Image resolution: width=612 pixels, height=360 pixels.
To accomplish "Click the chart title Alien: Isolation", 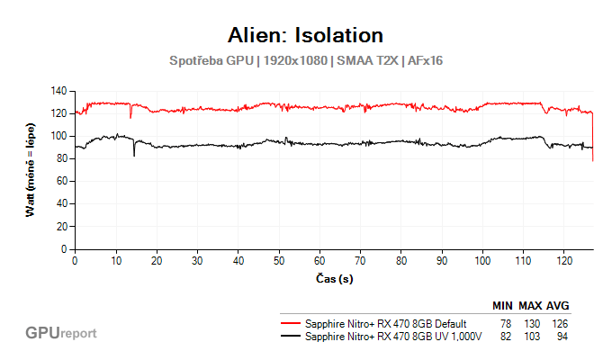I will pyautogui.click(x=306, y=35).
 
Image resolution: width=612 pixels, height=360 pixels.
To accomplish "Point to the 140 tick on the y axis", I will pyautogui.click(x=60, y=91).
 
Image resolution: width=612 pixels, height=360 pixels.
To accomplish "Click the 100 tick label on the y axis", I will pyautogui.click(x=60, y=136).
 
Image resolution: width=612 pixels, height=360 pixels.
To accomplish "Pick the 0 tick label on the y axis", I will pyautogui.click(x=66, y=248).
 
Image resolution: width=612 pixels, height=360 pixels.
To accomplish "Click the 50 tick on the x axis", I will pyautogui.click(x=279, y=260).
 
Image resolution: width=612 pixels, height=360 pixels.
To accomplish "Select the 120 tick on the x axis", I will pyautogui.click(x=564, y=260).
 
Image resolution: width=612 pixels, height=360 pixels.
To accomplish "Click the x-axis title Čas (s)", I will pyautogui.click(x=334, y=279).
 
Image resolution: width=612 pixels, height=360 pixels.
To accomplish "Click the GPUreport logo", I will pyautogui.click(x=61, y=333).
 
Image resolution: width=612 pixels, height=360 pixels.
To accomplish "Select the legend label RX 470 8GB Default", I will pyautogui.click(x=386, y=323).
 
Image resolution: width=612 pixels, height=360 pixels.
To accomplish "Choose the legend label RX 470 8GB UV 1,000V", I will pyautogui.click(x=394, y=337).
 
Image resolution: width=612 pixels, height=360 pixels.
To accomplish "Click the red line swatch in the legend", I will pyautogui.click(x=290, y=323).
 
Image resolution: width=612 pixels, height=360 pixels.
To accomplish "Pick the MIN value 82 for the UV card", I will pyautogui.click(x=505, y=337).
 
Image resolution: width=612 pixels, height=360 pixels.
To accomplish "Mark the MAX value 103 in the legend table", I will pyautogui.click(x=532, y=337).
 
